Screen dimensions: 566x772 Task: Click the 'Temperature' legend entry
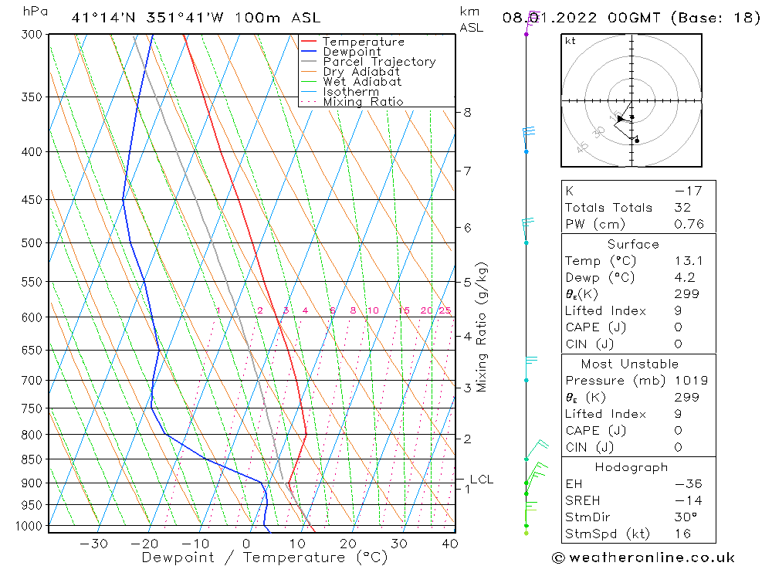[x=363, y=42]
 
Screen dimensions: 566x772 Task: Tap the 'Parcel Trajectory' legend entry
[x=379, y=62]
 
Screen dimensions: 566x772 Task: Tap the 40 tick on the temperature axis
[x=450, y=544]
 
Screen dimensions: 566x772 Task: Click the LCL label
[x=481, y=479]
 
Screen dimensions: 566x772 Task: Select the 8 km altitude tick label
[x=467, y=112]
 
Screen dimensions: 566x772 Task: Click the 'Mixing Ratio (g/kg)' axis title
[x=482, y=327]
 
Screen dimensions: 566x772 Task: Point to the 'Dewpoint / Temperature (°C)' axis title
[x=265, y=557]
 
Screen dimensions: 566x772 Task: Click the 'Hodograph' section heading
[x=632, y=467]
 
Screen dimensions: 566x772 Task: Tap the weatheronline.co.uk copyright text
[x=644, y=557]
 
